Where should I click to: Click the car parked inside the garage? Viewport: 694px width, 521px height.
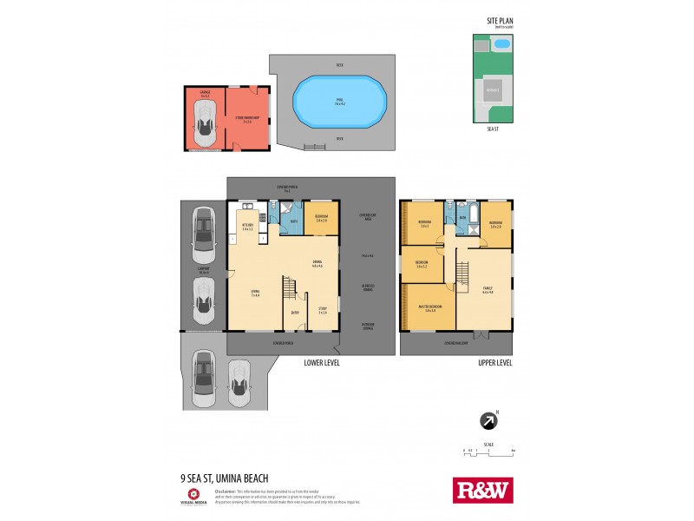pos(205,122)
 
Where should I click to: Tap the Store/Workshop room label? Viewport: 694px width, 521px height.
pos(246,119)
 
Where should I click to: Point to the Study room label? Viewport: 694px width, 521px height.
pos(322,310)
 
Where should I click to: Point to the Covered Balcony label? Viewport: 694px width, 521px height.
pos(457,343)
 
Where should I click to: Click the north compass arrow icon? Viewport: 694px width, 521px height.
pos(489,420)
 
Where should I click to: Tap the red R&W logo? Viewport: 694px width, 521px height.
pos(483,490)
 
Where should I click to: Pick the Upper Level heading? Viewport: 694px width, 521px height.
pos(494,363)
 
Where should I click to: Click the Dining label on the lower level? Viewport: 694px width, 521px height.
pos(318,264)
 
